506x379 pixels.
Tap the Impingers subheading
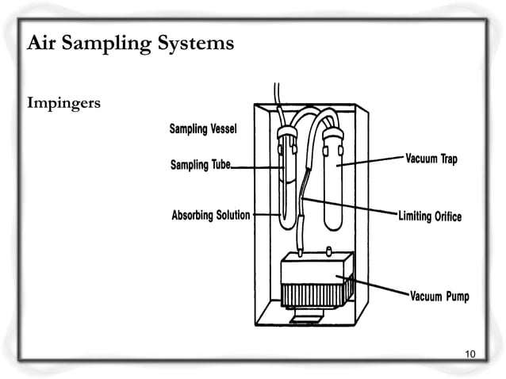pyautogui.click(x=63, y=104)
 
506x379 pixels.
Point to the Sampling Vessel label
pyautogui.click(x=202, y=128)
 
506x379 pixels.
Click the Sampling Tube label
pyautogui.click(x=200, y=165)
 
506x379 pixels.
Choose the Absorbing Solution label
pyautogui.click(x=211, y=216)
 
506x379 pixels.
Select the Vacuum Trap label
pyautogui.click(x=431, y=159)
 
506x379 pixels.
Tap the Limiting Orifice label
pyautogui.click(x=429, y=216)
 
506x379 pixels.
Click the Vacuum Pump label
pyautogui.click(x=439, y=297)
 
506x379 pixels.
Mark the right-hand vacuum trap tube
pyautogui.click(x=336, y=174)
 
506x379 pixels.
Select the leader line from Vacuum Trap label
pyautogui.click(x=373, y=162)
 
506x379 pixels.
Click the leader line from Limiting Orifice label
pyautogui.click(x=349, y=207)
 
